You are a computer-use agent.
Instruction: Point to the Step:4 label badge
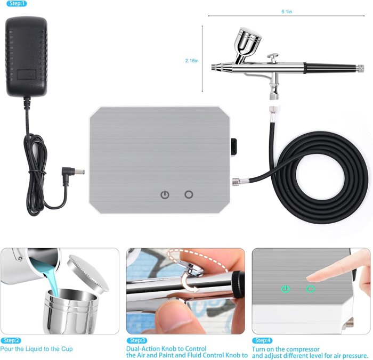pos(262,340)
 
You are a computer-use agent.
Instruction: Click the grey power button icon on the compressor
pos(165,194)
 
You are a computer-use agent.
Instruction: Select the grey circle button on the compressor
pos(188,194)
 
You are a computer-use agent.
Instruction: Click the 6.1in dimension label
pos(287,11)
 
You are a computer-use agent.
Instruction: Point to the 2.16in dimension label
pos(191,61)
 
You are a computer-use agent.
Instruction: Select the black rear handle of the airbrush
pos(330,68)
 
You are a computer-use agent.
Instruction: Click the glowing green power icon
pos(287,289)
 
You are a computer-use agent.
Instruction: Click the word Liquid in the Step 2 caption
pos(34,349)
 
